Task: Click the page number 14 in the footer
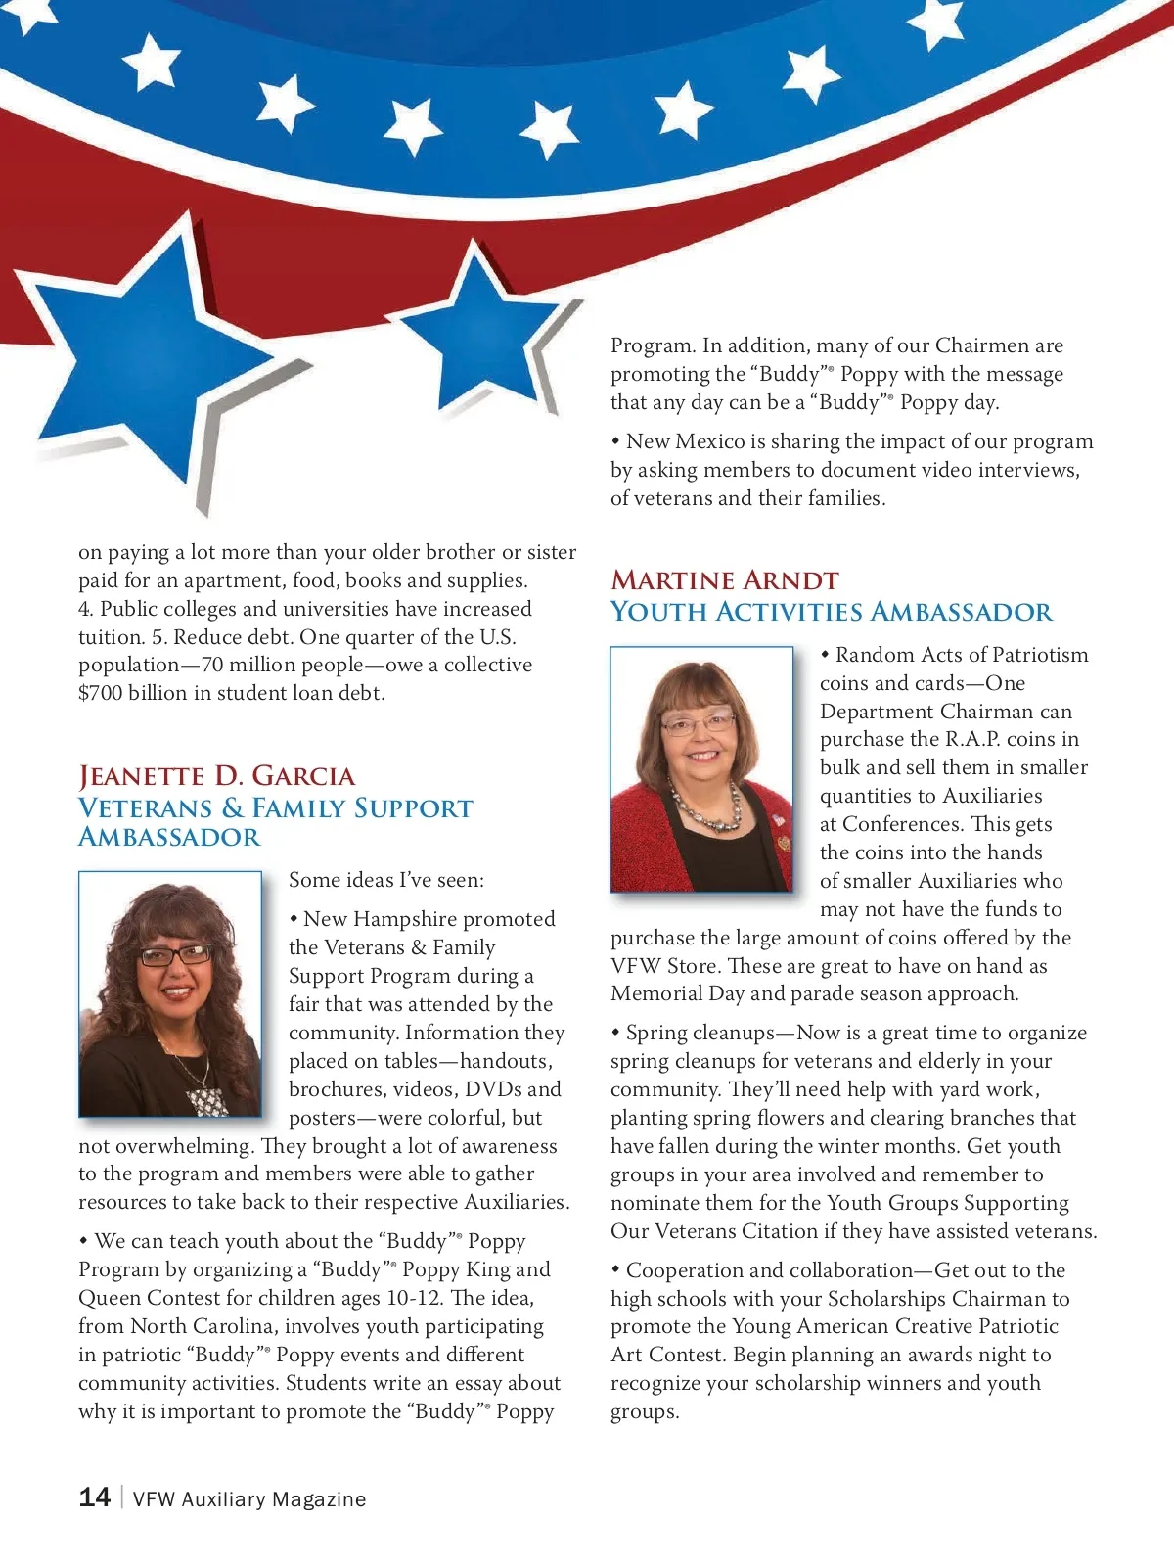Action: pyautogui.click(x=94, y=1497)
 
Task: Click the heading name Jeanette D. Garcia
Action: pyautogui.click(x=216, y=776)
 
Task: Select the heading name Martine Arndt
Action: pyautogui.click(x=724, y=580)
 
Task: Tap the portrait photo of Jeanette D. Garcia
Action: pyautogui.click(x=170, y=993)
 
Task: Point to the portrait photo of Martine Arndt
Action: pyautogui.click(x=701, y=768)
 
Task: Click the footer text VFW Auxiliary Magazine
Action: pyautogui.click(x=249, y=1499)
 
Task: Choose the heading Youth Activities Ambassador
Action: pyautogui.click(x=831, y=612)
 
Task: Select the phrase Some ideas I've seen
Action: pyautogui.click(x=385, y=880)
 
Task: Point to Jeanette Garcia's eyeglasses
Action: pyautogui.click(x=175, y=955)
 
